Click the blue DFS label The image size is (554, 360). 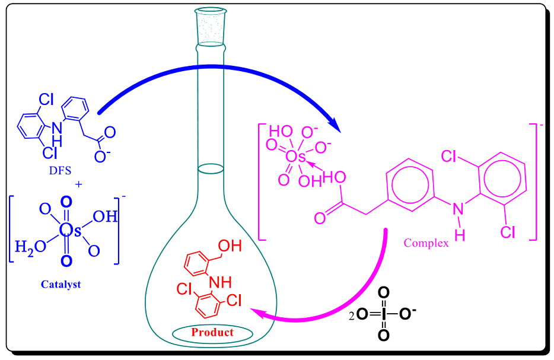pos(61,171)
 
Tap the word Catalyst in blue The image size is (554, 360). pos(61,284)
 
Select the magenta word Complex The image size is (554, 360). pos(426,243)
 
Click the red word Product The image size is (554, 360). pos(212,332)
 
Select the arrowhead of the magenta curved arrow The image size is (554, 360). pos(254,311)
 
